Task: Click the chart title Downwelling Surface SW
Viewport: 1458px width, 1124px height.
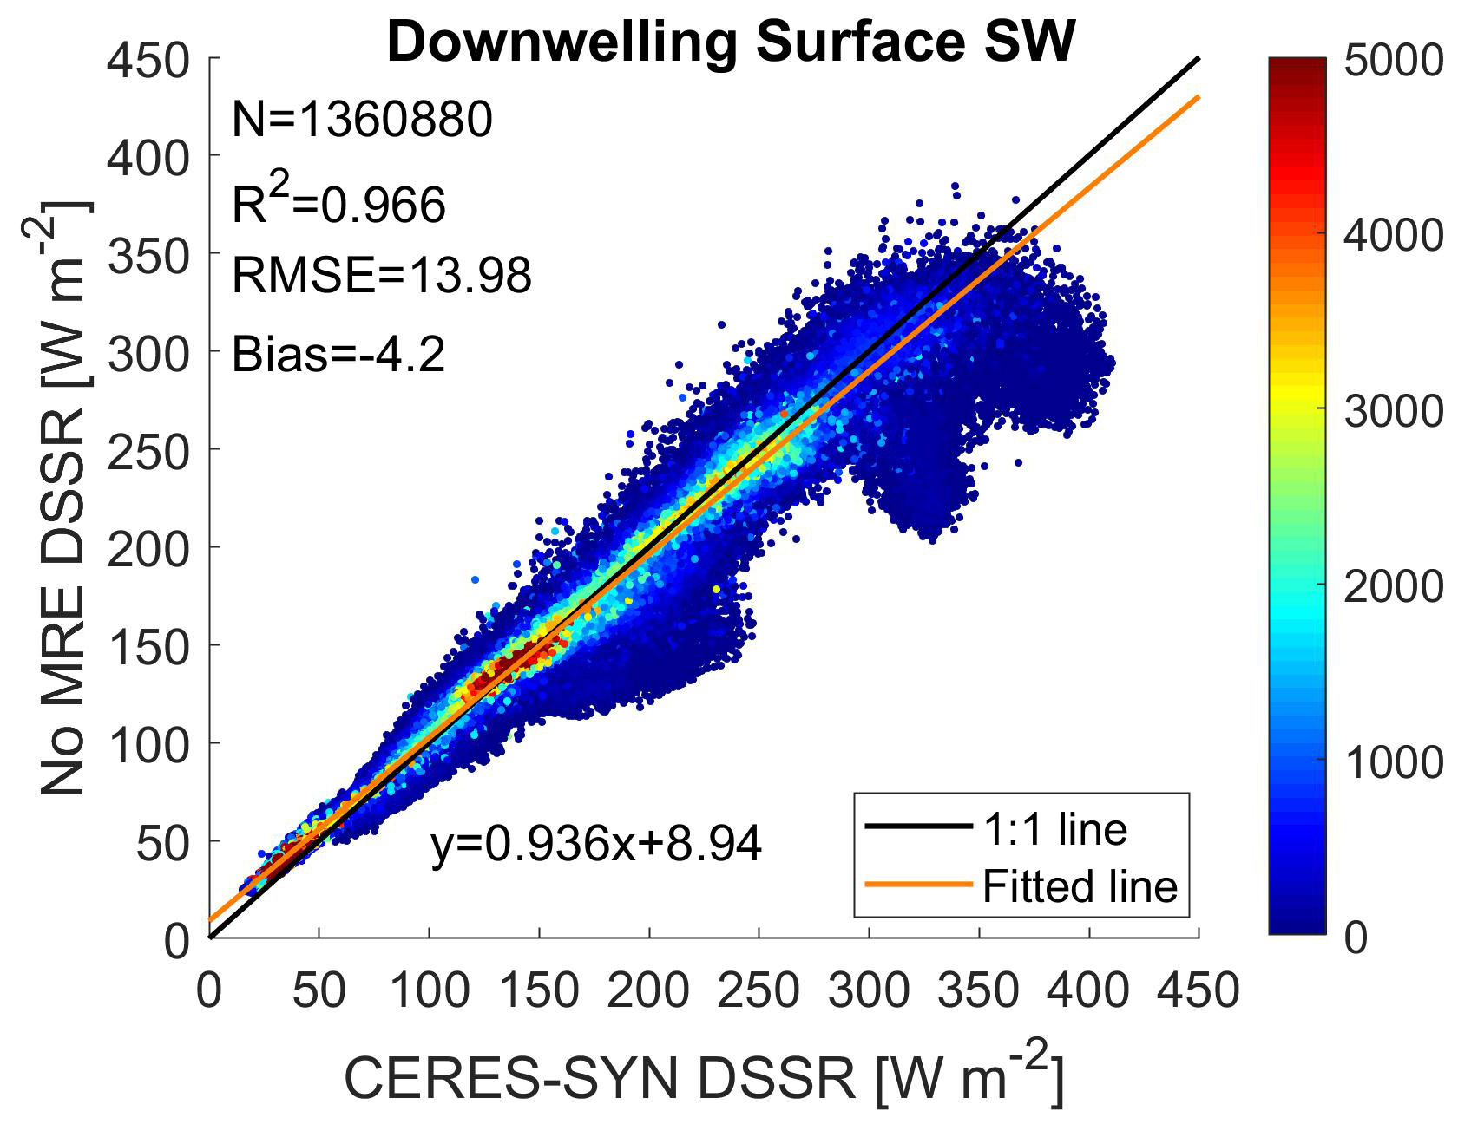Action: point(731,42)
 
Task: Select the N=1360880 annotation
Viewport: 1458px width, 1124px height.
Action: point(362,120)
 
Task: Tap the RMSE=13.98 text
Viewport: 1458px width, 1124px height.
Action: point(381,276)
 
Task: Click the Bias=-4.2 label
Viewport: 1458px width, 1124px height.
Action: point(338,354)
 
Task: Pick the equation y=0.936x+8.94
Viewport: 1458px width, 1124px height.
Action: point(596,844)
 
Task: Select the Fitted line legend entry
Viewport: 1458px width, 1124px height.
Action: point(1021,885)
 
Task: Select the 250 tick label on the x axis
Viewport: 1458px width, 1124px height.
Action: point(759,990)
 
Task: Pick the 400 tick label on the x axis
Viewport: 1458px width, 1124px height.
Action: point(1089,990)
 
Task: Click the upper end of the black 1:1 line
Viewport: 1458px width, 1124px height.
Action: point(1199,58)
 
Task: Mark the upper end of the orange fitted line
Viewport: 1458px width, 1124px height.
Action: point(1199,96)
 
